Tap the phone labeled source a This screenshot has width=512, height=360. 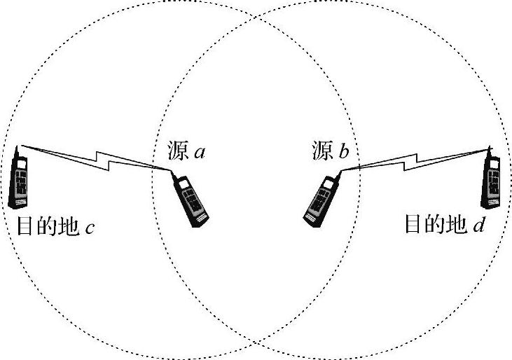[x=193, y=201]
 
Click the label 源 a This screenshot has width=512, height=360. [x=186, y=150]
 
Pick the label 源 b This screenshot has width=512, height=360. [x=328, y=150]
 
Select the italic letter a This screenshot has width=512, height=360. [x=200, y=151]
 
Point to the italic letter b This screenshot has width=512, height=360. [x=343, y=150]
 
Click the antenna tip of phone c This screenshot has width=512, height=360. [x=19, y=147]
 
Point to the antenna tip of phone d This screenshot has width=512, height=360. [x=489, y=148]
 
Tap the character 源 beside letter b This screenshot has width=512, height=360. [x=320, y=150]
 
